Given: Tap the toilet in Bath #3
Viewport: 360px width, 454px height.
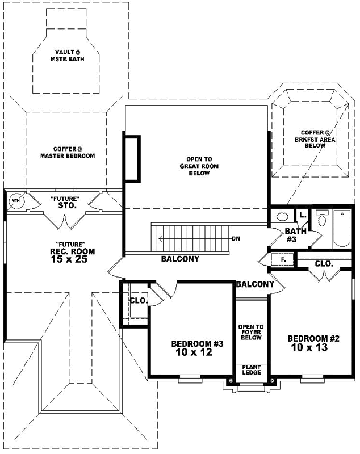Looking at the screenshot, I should click(323, 219).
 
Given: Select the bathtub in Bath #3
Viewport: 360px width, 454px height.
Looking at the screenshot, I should click(342, 228).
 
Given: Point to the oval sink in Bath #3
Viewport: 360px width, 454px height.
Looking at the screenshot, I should click(281, 216).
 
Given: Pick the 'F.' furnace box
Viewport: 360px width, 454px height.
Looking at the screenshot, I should click(282, 260).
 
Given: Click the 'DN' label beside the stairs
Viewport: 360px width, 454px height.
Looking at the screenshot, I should click(235, 238).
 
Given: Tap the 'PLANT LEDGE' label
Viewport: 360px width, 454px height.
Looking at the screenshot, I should click(250, 369).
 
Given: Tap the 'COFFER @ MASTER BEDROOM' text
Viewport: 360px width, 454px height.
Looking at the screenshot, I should click(67, 152).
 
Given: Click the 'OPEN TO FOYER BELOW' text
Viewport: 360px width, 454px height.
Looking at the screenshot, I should click(250, 332).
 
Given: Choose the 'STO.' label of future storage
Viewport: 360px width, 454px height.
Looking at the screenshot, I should click(67, 205).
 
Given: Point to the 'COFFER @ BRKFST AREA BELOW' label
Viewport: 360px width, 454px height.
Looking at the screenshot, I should click(310, 138).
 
